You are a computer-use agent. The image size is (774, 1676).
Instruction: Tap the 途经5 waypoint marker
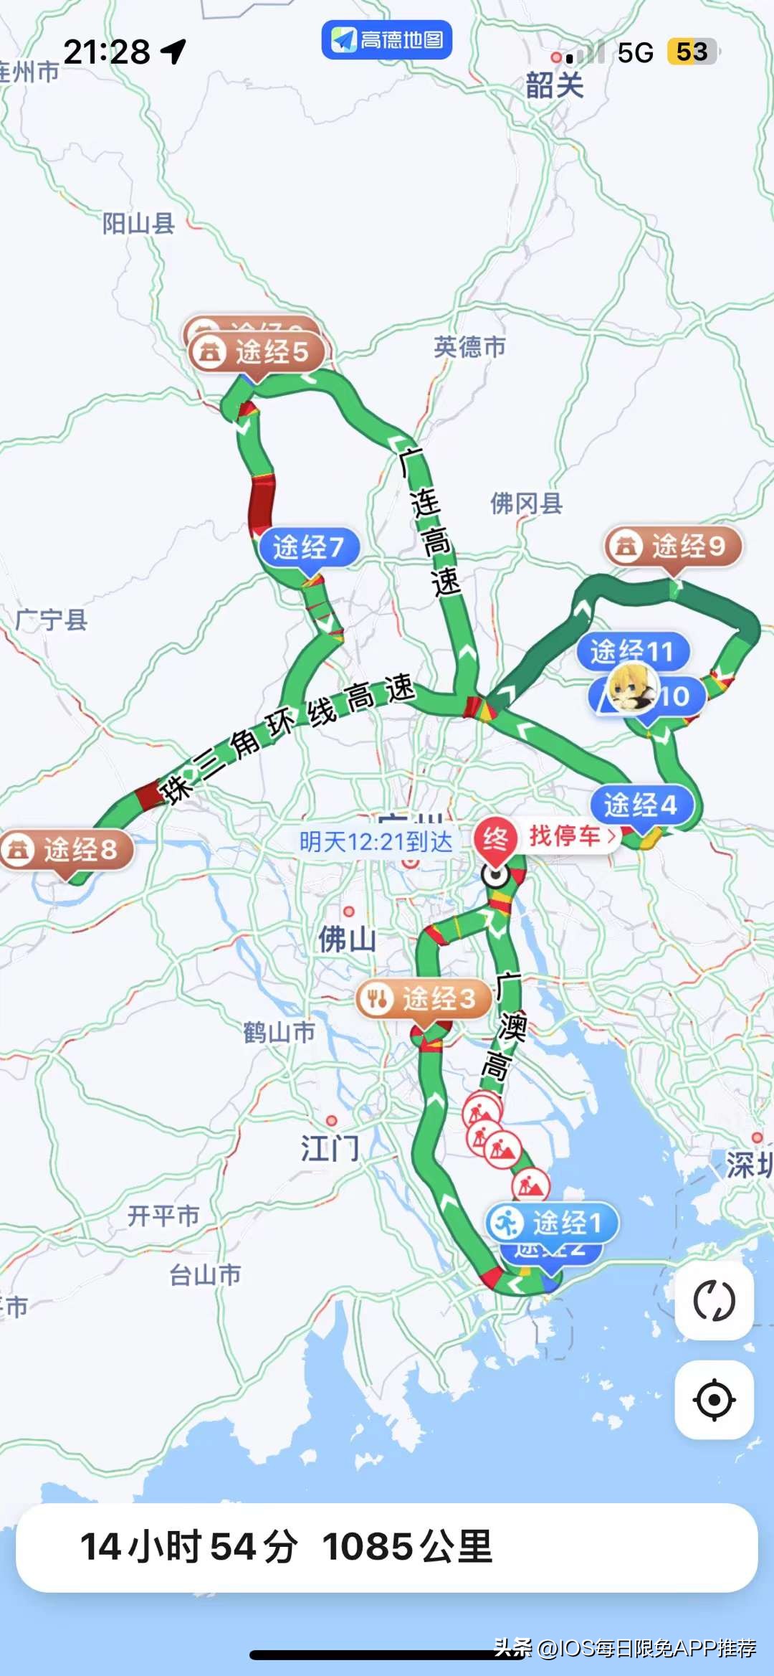pos(258,352)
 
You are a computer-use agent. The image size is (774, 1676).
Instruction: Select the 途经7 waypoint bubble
pos(308,547)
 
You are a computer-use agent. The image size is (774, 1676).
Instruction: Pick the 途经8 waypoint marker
pos(68,850)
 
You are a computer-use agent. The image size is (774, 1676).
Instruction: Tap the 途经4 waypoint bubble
pos(641,805)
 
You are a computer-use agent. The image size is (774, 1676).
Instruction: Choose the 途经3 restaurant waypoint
pos(424,998)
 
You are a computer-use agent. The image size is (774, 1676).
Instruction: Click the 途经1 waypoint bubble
pos(552,1223)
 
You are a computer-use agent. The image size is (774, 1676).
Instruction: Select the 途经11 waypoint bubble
pos(632,650)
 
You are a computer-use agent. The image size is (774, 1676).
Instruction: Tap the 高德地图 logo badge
pos(387,39)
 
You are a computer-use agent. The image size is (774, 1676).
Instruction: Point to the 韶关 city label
pos(554,85)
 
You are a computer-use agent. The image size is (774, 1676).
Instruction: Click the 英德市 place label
pos(469,347)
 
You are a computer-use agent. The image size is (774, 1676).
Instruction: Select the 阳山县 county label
pos(138,224)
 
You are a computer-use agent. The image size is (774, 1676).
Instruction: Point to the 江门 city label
pos(330,1148)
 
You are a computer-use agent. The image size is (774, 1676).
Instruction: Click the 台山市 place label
pos(205,1274)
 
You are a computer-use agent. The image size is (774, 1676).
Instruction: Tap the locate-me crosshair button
pos(714,1399)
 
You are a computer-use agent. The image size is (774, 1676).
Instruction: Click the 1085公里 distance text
pos(407,1547)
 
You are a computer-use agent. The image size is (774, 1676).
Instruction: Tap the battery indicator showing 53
pos(692,52)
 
